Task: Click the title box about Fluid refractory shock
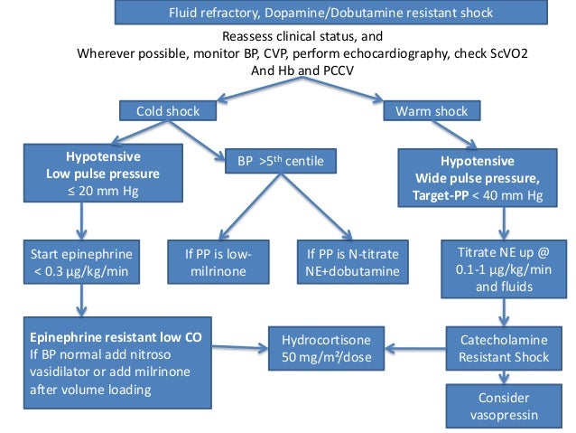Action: point(332,13)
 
